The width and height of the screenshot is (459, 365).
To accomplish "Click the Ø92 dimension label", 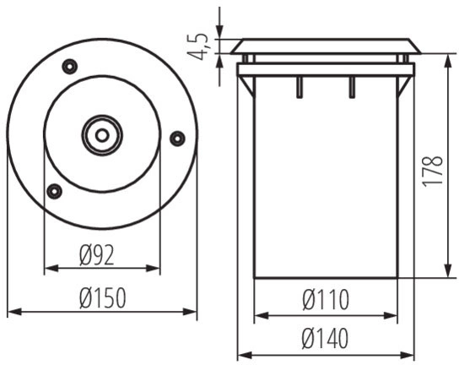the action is (x=96, y=255).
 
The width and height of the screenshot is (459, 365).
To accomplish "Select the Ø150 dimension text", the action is (x=103, y=298).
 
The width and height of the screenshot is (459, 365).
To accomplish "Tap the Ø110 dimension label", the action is (x=326, y=300).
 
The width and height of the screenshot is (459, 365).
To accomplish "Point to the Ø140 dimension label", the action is (x=325, y=338).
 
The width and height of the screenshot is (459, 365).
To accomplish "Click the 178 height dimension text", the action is (x=433, y=171).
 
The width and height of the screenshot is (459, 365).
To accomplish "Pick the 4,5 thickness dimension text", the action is (x=198, y=46).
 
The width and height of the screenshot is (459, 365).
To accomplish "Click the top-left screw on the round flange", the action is (x=70, y=67).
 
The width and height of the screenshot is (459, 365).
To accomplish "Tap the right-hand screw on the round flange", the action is (x=177, y=139).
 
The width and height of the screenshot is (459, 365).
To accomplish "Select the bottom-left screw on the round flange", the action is (x=54, y=192).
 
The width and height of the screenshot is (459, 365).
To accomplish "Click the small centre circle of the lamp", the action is (x=102, y=135).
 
